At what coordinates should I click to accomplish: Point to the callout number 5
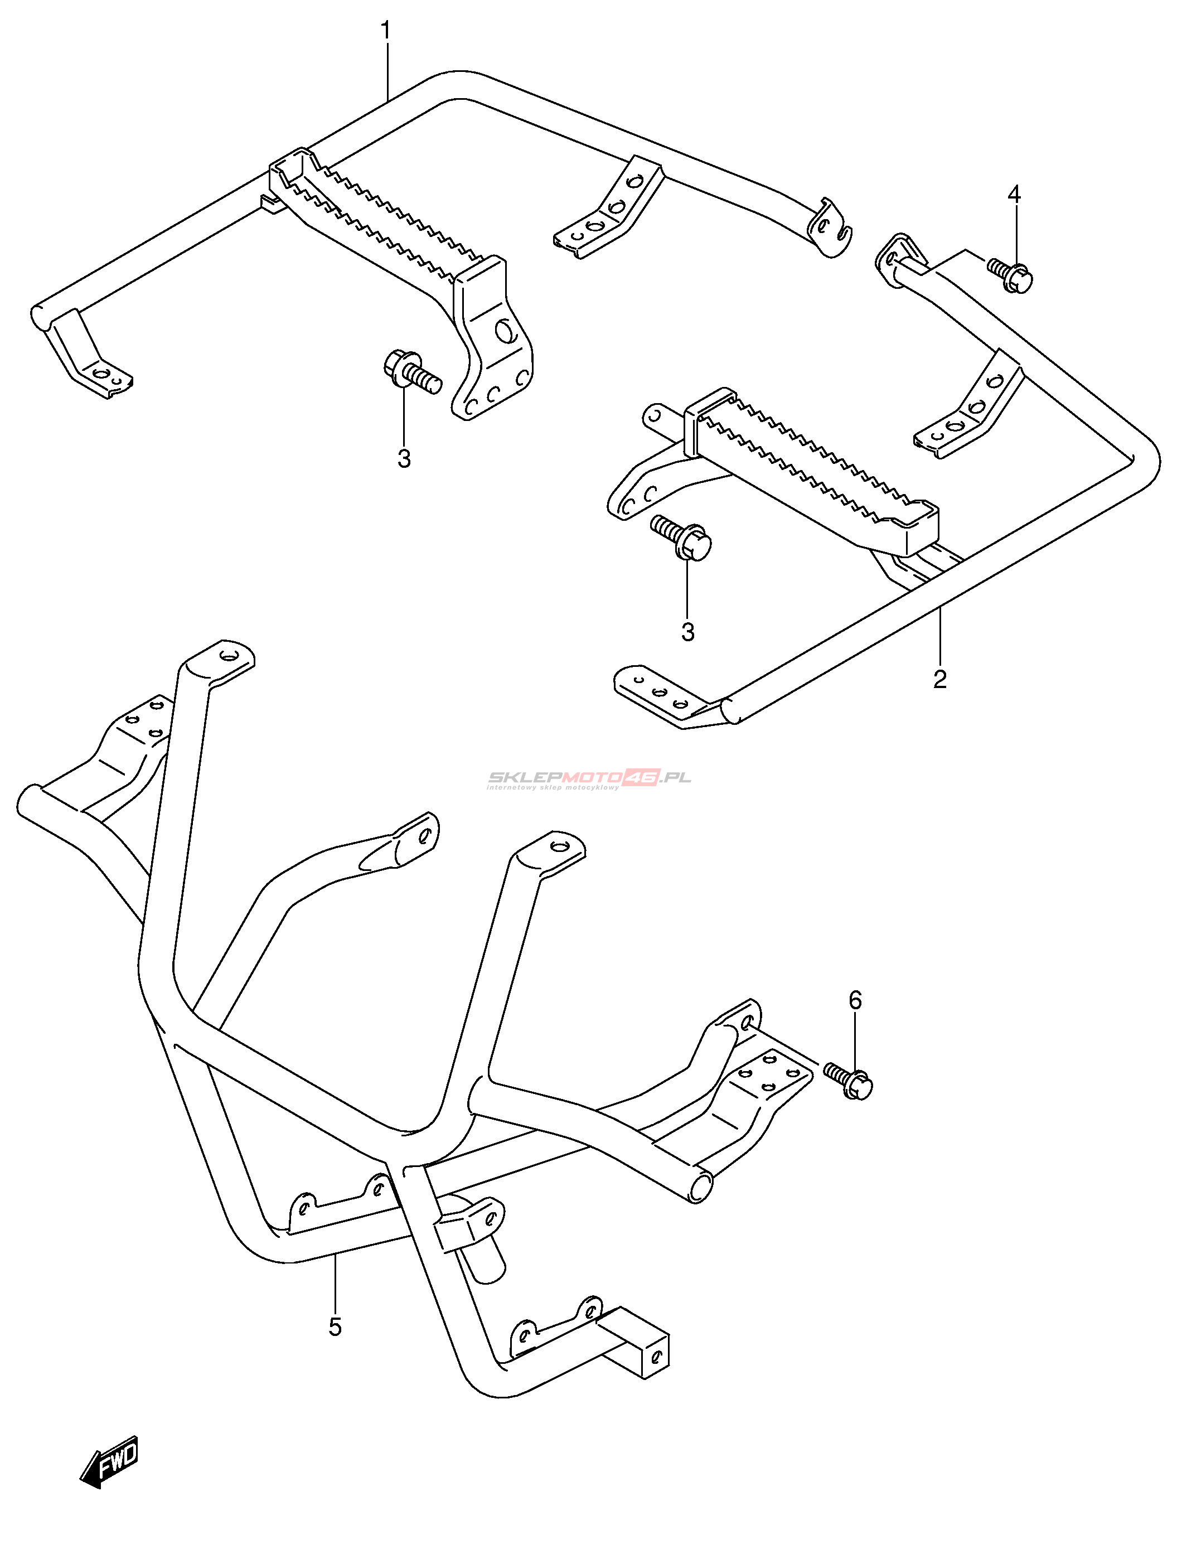point(335,1326)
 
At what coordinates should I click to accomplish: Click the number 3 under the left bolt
point(404,458)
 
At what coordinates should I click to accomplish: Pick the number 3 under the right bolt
point(688,632)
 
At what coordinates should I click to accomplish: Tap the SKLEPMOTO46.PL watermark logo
point(589,778)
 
